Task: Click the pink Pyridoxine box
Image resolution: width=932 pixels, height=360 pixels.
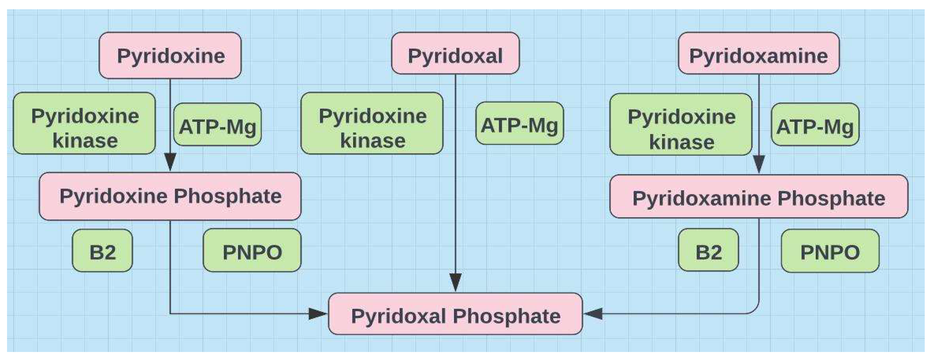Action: (x=170, y=55)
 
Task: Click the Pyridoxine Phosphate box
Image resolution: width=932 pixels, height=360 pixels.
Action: (x=170, y=196)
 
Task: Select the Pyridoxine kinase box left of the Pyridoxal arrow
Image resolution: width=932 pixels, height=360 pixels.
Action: (x=372, y=123)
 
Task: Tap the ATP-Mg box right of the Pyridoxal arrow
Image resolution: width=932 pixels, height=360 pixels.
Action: (x=520, y=123)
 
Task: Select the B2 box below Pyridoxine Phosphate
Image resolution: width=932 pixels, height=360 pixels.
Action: (x=102, y=250)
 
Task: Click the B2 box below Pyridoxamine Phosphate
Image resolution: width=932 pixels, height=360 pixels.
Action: (x=708, y=250)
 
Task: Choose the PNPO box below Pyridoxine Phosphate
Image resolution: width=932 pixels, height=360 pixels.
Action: (x=252, y=250)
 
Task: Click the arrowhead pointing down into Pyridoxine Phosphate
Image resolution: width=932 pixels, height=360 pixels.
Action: (x=170, y=162)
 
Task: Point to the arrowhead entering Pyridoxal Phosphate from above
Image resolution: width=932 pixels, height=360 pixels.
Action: (x=455, y=282)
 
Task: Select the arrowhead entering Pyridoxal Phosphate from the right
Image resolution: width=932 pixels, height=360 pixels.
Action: (x=593, y=314)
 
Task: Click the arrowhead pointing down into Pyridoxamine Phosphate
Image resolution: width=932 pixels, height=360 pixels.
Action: (x=759, y=164)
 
